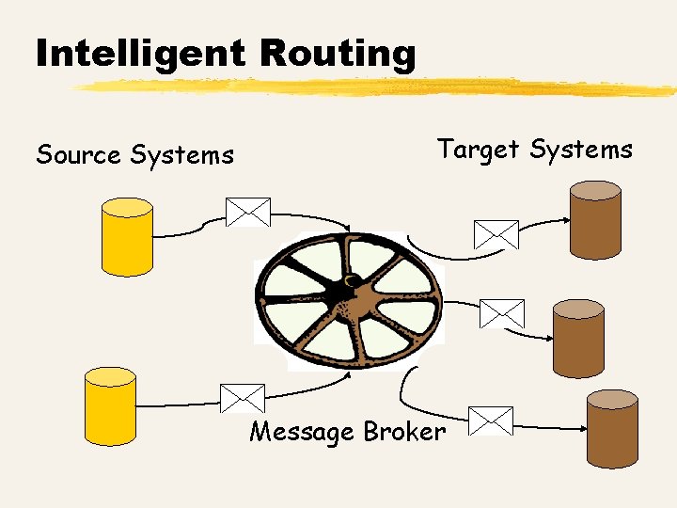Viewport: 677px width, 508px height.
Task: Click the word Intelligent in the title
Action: click(141, 54)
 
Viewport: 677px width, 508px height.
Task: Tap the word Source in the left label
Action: click(78, 154)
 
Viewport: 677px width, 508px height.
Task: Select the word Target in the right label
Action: click(479, 149)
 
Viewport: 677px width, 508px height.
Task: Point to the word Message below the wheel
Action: click(302, 432)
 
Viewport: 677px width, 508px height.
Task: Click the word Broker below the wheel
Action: click(404, 432)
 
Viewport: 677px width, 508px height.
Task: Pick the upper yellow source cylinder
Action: click(127, 236)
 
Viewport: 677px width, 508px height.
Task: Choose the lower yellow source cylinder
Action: click(110, 405)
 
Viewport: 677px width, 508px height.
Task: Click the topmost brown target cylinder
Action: click(595, 219)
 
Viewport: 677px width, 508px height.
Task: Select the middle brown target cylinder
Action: click(577, 338)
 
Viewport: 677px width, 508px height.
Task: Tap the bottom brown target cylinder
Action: click(612, 429)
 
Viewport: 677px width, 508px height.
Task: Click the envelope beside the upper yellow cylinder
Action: click(247, 212)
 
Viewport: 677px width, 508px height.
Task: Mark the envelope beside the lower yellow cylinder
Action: click(242, 399)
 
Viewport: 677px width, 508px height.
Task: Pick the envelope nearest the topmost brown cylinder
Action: click(496, 234)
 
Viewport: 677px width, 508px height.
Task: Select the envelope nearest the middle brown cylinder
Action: click(501, 313)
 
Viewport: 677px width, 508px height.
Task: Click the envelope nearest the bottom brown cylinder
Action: click(490, 421)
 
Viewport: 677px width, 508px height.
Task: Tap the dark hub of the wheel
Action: click(345, 296)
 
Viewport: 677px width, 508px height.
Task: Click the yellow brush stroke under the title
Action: click(376, 87)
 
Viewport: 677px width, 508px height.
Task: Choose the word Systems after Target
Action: click(581, 149)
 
